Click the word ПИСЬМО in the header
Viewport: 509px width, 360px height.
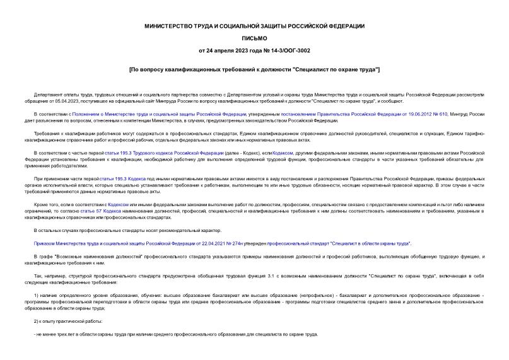click(x=254, y=38)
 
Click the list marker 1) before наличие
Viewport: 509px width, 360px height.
click(x=37, y=295)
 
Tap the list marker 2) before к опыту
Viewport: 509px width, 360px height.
click(x=37, y=321)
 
